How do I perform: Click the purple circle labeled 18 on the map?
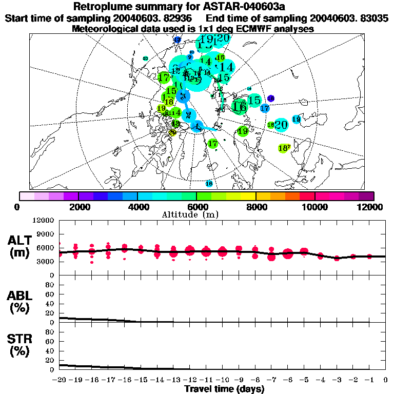coord(271,98)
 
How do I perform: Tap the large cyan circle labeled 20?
coord(281,125)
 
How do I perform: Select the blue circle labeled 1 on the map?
coord(196,126)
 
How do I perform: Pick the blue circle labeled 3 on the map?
coord(182,96)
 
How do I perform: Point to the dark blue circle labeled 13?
coord(178,40)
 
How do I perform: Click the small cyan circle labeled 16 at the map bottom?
coord(209,183)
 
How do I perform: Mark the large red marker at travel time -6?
coord(287,252)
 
